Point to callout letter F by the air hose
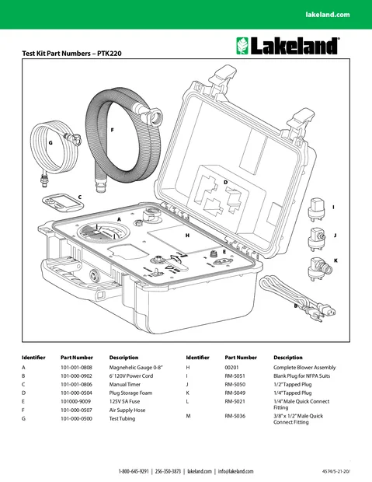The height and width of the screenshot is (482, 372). [113, 129]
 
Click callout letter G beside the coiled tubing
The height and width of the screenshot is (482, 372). [50, 144]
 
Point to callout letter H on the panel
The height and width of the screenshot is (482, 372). [187, 234]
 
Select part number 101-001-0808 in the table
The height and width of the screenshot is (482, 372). [76, 366]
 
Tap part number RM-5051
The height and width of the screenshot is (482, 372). [235, 375]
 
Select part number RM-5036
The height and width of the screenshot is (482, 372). [235, 416]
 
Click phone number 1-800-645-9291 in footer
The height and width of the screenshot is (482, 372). [134, 471]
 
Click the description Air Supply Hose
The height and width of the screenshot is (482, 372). [127, 409]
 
